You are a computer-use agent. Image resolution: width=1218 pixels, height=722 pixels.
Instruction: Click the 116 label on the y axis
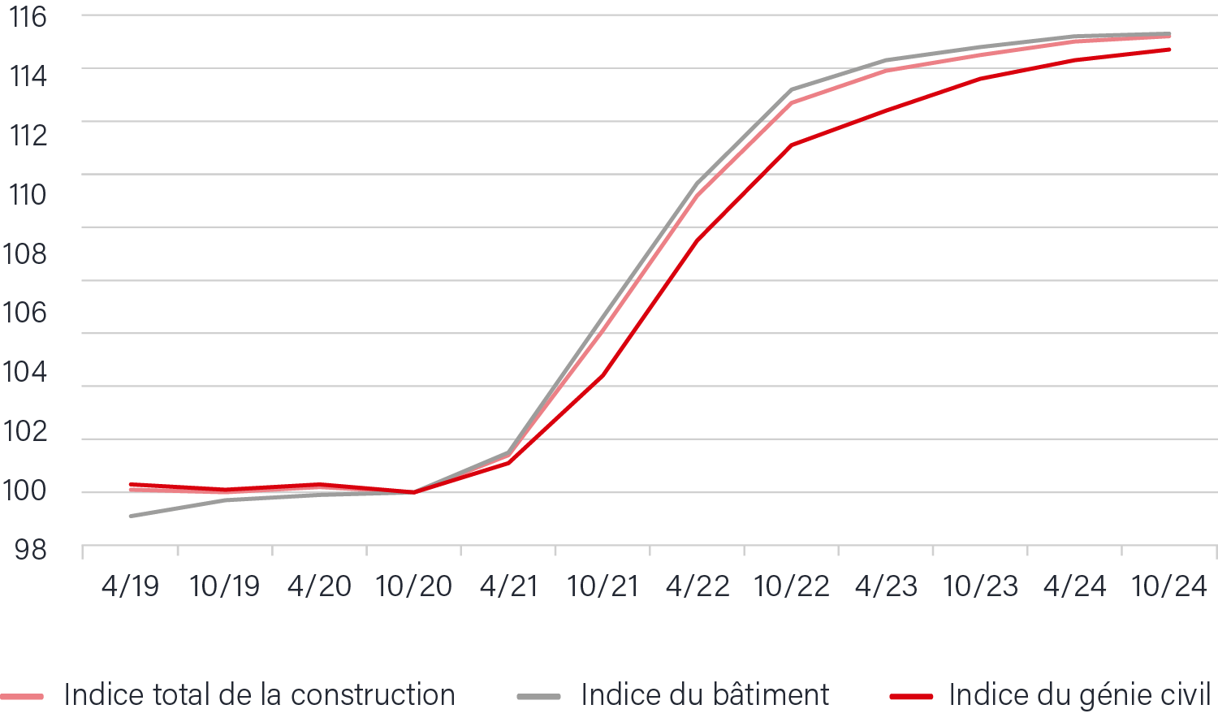(x=28, y=17)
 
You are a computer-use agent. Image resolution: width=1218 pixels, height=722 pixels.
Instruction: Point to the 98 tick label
(x=31, y=550)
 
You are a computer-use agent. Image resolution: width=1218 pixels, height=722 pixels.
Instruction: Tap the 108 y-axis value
(x=26, y=253)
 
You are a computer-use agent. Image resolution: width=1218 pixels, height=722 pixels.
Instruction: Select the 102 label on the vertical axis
(x=26, y=431)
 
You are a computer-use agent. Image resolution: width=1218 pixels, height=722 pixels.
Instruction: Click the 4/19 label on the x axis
(x=130, y=586)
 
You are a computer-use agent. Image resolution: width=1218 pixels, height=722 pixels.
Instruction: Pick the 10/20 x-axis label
(x=413, y=586)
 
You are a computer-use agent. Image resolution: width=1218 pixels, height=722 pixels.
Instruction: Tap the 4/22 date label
(x=697, y=586)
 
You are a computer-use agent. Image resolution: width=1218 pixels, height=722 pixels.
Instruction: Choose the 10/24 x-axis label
(x=1169, y=586)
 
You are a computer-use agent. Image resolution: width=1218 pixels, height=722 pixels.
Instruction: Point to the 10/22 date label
(x=792, y=586)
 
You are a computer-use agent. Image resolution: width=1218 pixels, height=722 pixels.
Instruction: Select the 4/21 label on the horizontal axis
(x=508, y=586)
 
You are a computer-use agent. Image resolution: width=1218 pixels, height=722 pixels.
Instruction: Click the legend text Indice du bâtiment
(x=705, y=695)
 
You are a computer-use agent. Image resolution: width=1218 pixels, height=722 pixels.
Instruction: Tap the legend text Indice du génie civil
(x=1080, y=695)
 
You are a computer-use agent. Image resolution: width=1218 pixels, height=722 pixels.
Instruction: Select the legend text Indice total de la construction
(x=259, y=695)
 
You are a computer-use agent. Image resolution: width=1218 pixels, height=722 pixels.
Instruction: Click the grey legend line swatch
(x=538, y=697)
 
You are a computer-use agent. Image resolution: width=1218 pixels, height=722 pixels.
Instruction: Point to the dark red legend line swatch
(x=911, y=697)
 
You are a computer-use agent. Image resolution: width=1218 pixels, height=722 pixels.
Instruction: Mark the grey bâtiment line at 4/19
(x=131, y=516)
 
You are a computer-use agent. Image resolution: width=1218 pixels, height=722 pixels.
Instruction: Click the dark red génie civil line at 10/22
(x=792, y=145)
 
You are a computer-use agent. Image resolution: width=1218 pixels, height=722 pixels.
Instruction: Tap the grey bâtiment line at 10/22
(x=792, y=89)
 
